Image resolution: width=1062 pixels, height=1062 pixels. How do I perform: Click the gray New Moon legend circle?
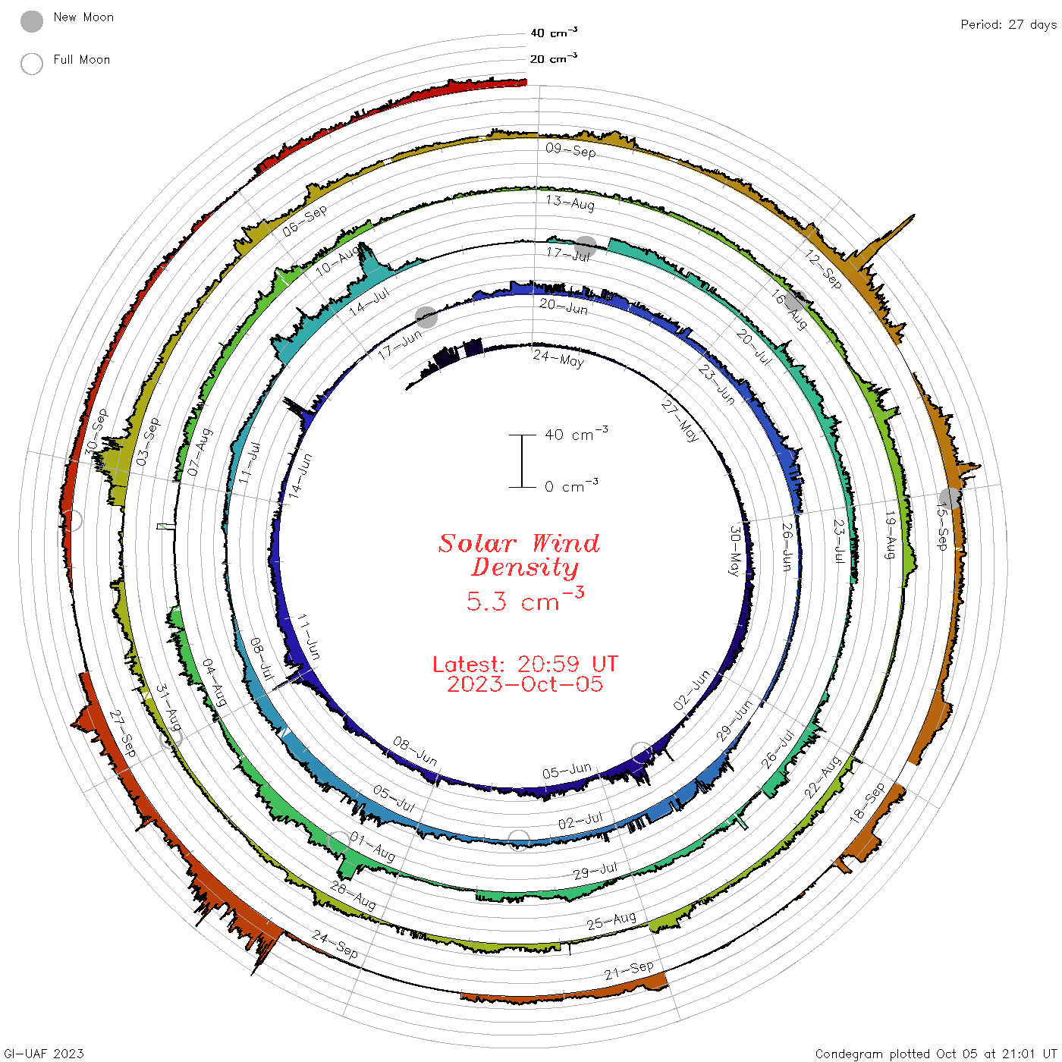pyautogui.click(x=31, y=21)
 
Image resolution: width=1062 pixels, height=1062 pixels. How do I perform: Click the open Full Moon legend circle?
pyautogui.click(x=31, y=64)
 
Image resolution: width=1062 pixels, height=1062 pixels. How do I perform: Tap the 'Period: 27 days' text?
pyautogui.click(x=1008, y=25)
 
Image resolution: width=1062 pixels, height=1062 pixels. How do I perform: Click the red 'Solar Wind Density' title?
pyautogui.click(x=519, y=555)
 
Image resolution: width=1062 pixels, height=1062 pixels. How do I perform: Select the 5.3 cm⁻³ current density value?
pyautogui.click(x=525, y=599)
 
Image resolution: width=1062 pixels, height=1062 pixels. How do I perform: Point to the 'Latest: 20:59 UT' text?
pyautogui.click(x=525, y=664)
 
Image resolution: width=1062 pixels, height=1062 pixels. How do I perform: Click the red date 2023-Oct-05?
pyautogui.click(x=525, y=684)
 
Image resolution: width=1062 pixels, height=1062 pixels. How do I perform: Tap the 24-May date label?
pyautogui.click(x=558, y=359)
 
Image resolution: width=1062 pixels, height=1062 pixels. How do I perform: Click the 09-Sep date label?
pyautogui.click(x=570, y=150)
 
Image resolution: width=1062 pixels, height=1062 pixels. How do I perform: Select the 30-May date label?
pyautogui.click(x=734, y=551)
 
